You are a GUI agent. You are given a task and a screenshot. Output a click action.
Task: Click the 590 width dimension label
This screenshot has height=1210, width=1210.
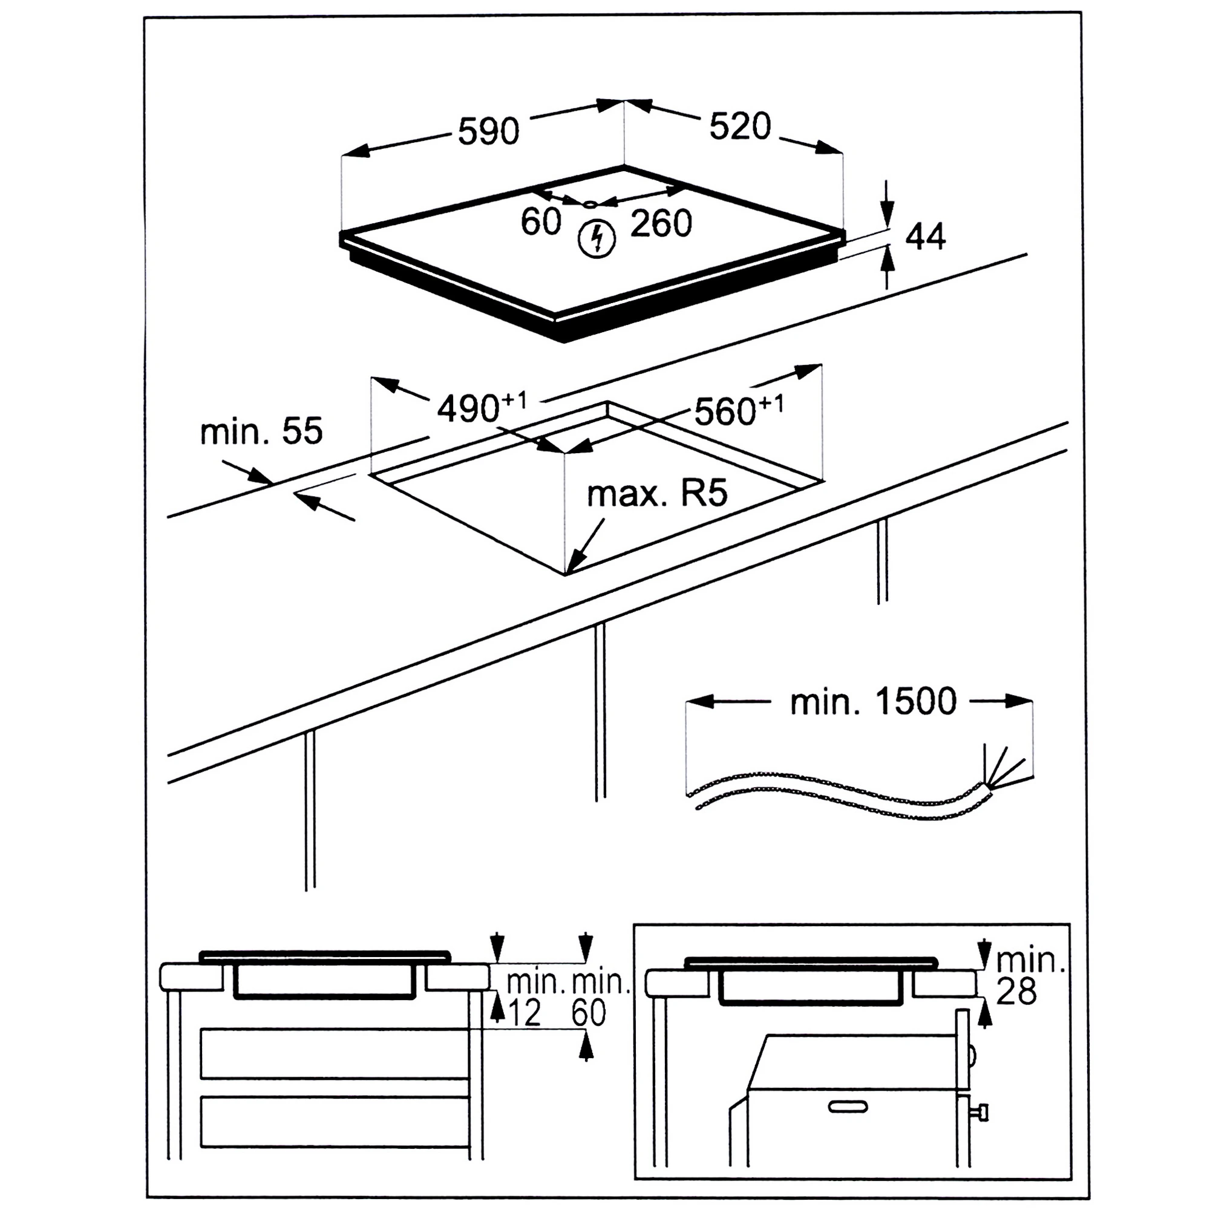pyautogui.click(x=488, y=131)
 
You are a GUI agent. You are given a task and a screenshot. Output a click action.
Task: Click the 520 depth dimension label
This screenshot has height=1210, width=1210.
pyautogui.click(x=740, y=126)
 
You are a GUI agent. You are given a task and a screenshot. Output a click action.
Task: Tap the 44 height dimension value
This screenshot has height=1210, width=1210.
pyautogui.click(x=926, y=237)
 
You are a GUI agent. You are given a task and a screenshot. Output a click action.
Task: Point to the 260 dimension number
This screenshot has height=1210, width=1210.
pyautogui.click(x=661, y=223)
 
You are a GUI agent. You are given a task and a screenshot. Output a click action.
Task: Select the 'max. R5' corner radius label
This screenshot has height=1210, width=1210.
pyautogui.click(x=658, y=494)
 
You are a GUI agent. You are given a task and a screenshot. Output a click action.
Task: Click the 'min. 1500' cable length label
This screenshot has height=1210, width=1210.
pyautogui.click(x=873, y=701)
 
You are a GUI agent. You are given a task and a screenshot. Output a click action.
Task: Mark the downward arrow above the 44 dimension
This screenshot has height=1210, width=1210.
pyautogui.click(x=888, y=203)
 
